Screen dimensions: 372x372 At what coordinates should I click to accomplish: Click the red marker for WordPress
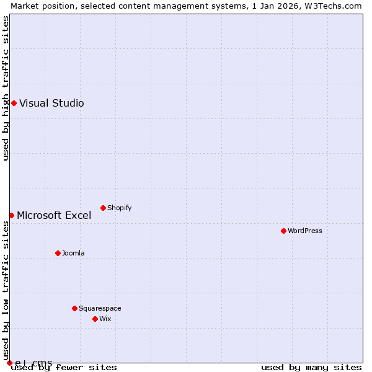tap(283, 231)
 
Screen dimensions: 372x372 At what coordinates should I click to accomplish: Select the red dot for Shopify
tap(103, 208)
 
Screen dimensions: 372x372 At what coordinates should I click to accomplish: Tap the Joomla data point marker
tap(58, 253)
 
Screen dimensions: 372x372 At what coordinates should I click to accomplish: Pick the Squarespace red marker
tap(74, 308)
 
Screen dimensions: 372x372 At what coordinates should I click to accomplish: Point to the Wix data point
tap(95, 319)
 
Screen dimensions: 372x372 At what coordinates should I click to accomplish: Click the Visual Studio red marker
tap(14, 103)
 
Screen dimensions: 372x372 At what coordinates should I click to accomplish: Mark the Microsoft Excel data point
tap(11, 215)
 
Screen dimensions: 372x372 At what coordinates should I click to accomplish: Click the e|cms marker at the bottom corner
tap(9, 363)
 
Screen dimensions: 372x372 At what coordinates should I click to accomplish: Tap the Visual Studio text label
tap(51, 104)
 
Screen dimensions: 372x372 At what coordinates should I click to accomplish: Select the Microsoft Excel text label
tap(54, 216)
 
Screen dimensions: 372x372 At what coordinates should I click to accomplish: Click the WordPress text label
tap(305, 231)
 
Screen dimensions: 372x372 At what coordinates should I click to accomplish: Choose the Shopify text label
tap(119, 208)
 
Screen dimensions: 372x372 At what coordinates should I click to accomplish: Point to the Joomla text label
tap(73, 254)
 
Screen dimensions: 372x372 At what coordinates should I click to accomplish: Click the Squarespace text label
tap(100, 309)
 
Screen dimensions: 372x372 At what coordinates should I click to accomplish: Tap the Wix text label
tap(105, 319)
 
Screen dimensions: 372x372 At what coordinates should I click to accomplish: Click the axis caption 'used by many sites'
tap(311, 368)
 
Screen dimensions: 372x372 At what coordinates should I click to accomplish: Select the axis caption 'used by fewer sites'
tap(64, 368)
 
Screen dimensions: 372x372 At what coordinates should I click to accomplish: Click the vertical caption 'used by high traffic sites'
tap(6, 89)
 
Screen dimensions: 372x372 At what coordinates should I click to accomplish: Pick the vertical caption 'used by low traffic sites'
tap(6, 286)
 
